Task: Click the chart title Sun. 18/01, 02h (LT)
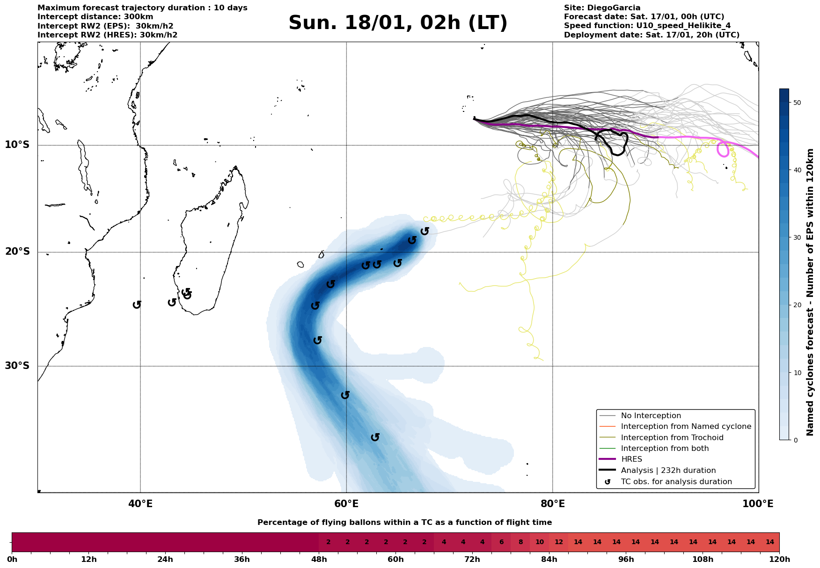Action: coord(398,23)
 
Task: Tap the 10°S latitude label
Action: coord(17,145)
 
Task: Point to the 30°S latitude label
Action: coord(17,366)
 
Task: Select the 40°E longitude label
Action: coord(140,504)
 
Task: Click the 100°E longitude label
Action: coord(758,504)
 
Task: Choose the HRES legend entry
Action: coord(631,459)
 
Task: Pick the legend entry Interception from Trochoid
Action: coord(672,438)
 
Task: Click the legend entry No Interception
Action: coord(651,416)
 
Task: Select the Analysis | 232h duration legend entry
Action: coord(668,471)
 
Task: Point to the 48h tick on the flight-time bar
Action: coord(319,559)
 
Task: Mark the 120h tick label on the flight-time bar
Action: coord(779,559)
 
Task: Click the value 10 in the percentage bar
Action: coord(540,542)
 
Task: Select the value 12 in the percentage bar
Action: coord(559,542)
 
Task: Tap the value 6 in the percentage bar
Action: coord(501,542)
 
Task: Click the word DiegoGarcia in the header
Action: coord(615,8)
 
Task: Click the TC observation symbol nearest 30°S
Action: coord(318,340)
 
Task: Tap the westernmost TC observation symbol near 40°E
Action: coord(137,304)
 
